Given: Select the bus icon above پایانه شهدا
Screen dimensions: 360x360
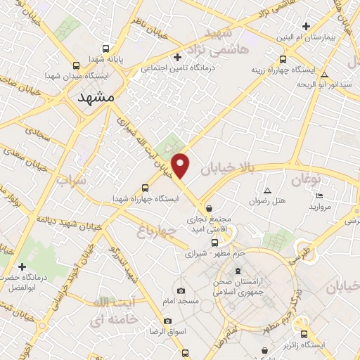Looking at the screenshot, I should coord(105,49).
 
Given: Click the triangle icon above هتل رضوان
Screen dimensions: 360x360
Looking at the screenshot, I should coord(267,191).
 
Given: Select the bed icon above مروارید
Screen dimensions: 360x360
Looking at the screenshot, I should coord(320,196).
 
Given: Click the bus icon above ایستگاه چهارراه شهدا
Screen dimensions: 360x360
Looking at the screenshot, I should coord(145,188).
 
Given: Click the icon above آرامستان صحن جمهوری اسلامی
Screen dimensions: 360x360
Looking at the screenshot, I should coord(238,271).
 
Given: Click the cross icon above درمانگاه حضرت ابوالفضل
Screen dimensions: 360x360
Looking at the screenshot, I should coord(22,267).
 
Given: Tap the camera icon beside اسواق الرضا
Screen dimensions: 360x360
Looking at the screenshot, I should coord(167,321).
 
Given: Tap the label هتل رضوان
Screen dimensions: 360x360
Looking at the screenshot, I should coord(268,201).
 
